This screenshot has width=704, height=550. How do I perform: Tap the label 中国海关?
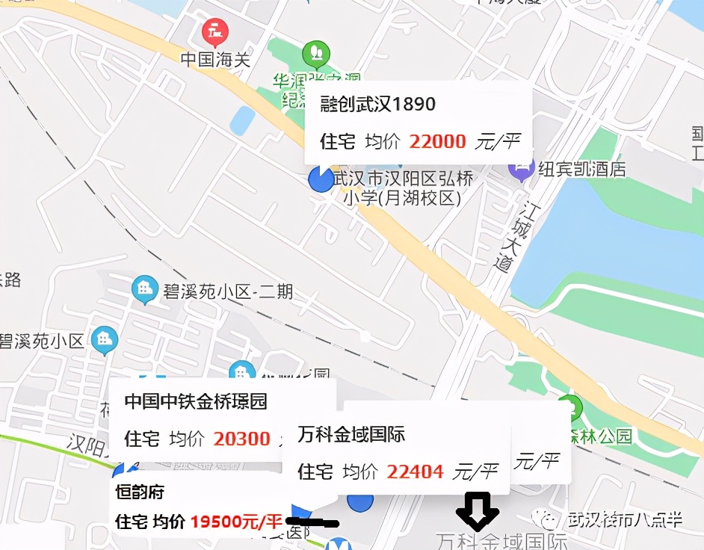coord(215,60)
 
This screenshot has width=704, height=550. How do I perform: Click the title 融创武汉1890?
coord(377,104)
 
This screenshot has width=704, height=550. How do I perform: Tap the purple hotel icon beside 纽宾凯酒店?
coord(520,168)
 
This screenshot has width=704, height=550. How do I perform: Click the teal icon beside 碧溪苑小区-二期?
coord(144,289)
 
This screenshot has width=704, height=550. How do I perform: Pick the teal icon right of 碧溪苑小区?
coord(105,341)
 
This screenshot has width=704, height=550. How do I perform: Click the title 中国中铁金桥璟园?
coord(195,401)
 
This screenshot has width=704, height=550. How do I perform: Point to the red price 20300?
coord(241,439)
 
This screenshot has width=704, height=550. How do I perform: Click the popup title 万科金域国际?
coord(351,433)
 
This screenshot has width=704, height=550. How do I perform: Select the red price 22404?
coord(415,472)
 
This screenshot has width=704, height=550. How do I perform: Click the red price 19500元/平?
coord(236,521)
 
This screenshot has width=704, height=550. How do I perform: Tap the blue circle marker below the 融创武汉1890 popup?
coord(321,179)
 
